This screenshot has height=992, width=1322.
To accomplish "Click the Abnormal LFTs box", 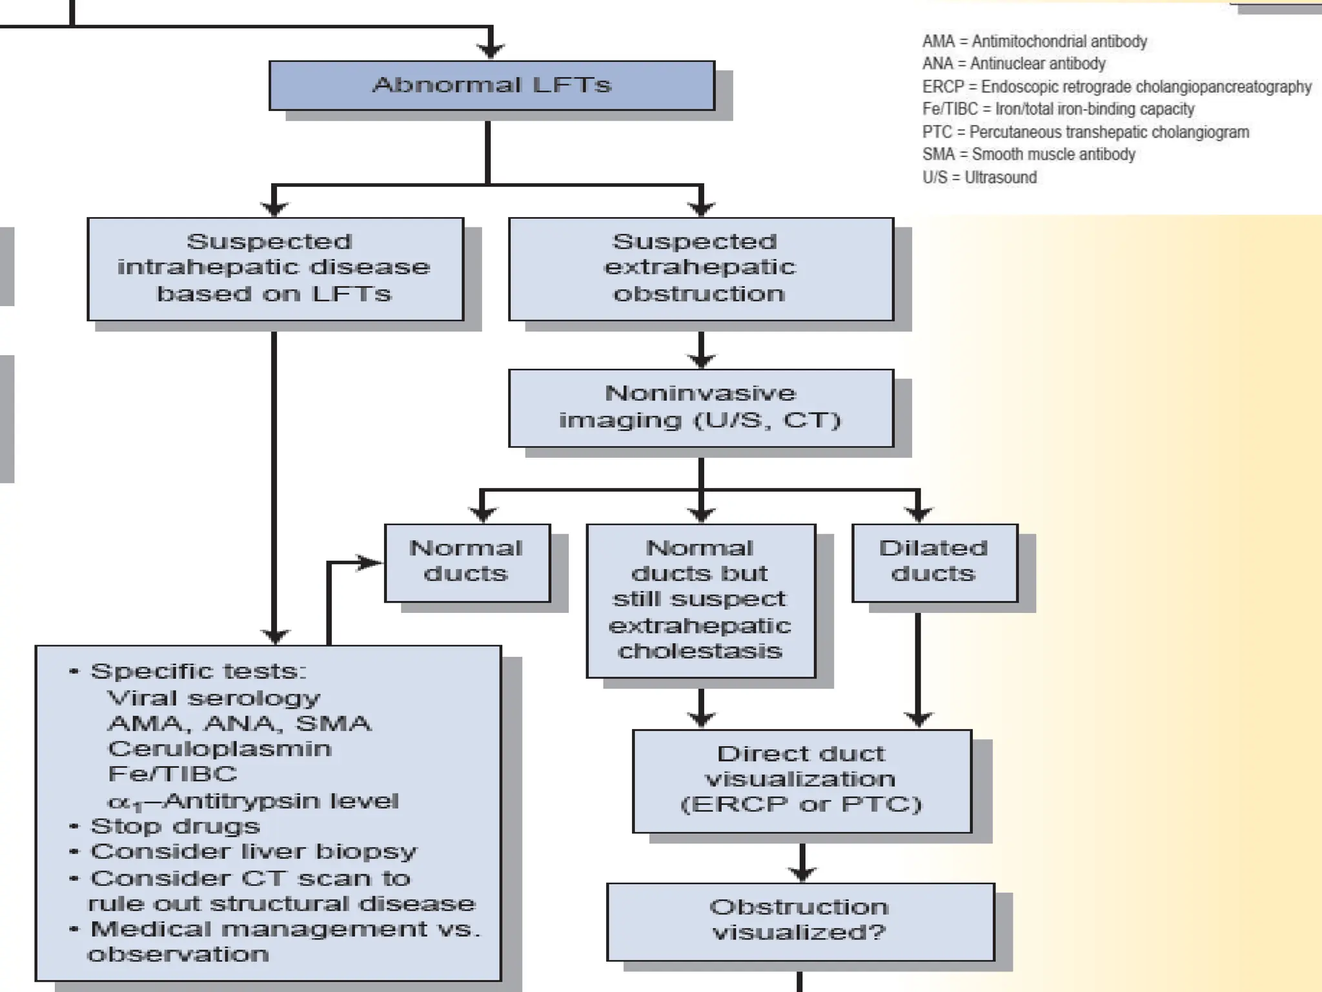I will [492, 85].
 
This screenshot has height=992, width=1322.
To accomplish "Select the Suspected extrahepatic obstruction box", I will [701, 269].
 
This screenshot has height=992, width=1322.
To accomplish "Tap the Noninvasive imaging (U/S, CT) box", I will [701, 408].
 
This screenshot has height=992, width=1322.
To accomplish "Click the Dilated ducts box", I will [934, 562].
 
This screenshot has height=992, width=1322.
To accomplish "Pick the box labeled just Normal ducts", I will [467, 562].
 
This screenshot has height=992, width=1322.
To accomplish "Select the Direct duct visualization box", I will [801, 780].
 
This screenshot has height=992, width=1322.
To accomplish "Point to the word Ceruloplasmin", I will [219, 749].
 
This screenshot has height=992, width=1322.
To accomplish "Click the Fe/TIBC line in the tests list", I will [173, 774].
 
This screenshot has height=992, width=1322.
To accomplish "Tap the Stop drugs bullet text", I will [175, 827].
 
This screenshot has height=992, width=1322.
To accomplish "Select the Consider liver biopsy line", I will [254, 852].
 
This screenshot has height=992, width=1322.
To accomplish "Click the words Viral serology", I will [214, 698].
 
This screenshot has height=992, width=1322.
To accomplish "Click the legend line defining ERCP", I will [1117, 87].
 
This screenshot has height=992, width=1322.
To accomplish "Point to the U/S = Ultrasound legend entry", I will [979, 178].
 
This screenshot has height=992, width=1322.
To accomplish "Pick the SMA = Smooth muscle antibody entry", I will [1028, 155].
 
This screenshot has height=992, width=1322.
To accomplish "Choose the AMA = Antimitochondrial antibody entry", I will [1034, 42].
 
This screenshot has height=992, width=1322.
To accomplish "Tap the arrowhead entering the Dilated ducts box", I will [918, 513].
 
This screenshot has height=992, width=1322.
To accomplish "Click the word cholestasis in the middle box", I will [700, 651].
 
